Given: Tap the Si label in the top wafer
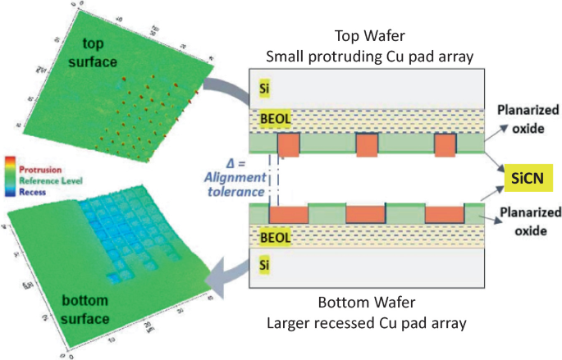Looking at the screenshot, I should [263, 87].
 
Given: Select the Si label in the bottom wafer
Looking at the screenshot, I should [263, 265].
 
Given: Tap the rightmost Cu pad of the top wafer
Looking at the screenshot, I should [444, 144].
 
